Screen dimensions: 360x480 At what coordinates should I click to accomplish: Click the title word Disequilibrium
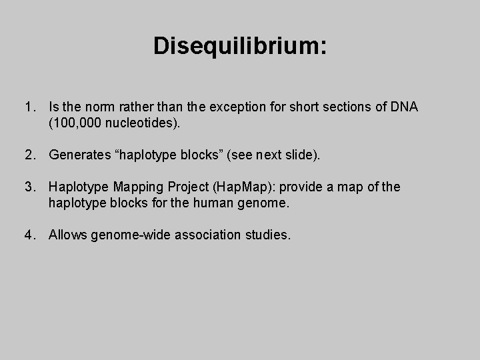[x=239, y=46]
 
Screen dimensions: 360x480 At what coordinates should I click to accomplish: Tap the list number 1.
[x=29, y=107]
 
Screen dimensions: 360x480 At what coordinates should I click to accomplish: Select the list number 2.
[x=29, y=155]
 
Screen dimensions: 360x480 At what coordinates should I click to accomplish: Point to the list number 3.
[x=29, y=187]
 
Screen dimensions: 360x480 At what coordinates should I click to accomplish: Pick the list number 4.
[x=29, y=235]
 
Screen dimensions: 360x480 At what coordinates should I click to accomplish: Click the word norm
[x=97, y=107]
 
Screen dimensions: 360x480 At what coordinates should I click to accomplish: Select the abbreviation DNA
[x=405, y=107]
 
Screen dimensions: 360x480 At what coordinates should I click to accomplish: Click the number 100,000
[x=73, y=123]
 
